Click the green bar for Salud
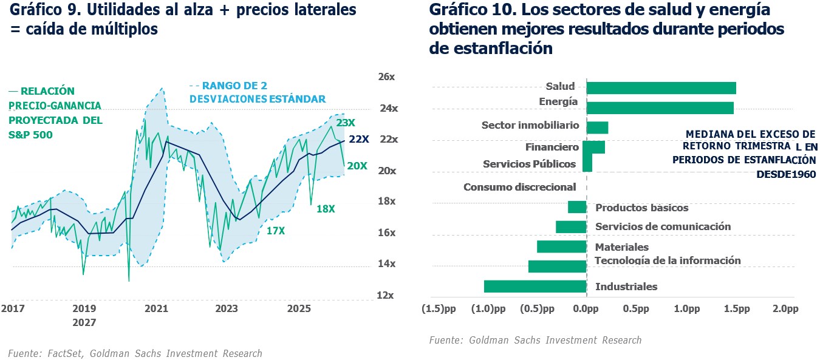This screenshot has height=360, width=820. (661, 88)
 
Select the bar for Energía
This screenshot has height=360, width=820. (660, 108)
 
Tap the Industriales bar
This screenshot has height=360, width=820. (535, 287)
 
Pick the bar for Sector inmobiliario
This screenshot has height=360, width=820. (597, 127)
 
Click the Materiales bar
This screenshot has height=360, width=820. (561, 246)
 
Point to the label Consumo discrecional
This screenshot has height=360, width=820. (519, 187)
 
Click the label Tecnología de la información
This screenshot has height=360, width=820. (668, 260)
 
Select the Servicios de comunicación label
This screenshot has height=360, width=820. (663, 226)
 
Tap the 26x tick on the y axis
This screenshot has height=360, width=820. (386, 77)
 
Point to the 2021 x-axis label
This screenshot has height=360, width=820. (156, 309)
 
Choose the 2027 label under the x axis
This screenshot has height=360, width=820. (84, 322)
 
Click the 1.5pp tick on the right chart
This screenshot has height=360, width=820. (736, 309)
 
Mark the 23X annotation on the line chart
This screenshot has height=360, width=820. (346, 123)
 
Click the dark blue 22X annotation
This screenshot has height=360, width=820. (359, 139)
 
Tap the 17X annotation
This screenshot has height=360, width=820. (276, 231)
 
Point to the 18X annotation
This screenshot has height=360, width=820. (326, 209)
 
